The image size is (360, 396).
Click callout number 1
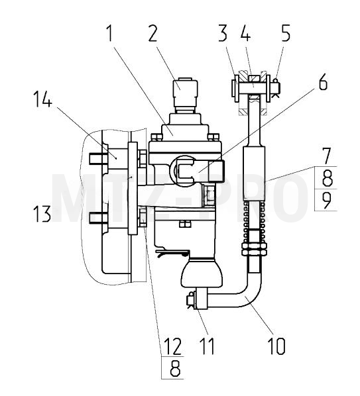[x=109, y=33]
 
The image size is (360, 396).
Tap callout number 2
[x=153, y=33]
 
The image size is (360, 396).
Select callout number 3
[x=223, y=33]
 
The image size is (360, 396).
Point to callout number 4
[x=245, y=33]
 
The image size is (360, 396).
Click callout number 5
[x=286, y=33]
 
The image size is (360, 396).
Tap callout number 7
[x=327, y=156]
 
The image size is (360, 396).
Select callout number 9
[x=327, y=200]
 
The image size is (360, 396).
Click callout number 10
[x=276, y=346]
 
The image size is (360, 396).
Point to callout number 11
[x=207, y=346]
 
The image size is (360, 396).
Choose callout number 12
[x=172, y=346]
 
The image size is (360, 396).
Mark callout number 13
[x=42, y=213]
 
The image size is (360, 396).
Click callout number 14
[x=42, y=99]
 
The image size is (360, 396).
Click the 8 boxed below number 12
[x=175, y=368]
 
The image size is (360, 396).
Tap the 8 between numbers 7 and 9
[x=327, y=177]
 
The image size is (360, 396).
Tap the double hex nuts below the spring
[x=255, y=249]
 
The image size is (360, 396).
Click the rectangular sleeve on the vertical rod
[x=255, y=173]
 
